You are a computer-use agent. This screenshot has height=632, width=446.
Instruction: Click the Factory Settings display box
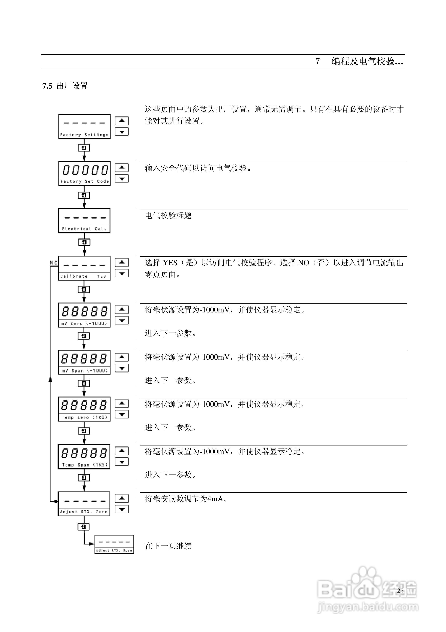(x=84, y=127)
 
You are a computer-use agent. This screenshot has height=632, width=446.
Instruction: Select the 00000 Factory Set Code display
(x=84, y=174)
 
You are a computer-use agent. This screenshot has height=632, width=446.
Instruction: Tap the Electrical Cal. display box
(x=84, y=221)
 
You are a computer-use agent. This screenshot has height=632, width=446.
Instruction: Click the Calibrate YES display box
(x=84, y=268)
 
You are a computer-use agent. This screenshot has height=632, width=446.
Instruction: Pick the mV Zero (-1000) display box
(x=84, y=315)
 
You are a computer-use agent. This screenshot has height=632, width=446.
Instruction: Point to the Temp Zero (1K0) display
(x=84, y=409)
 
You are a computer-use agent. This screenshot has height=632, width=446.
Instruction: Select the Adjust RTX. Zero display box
(x=84, y=504)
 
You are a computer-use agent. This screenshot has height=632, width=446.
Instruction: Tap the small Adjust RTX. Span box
(x=114, y=544)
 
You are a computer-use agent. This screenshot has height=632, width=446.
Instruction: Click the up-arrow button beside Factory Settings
(x=122, y=121)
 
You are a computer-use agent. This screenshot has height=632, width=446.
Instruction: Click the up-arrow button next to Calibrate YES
(x=122, y=262)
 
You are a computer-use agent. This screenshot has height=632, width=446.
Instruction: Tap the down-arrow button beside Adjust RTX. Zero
(x=122, y=509)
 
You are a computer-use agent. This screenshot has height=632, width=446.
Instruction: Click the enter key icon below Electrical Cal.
(x=84, y=242)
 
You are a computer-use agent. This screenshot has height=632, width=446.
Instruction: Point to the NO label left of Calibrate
(x=54, y=263)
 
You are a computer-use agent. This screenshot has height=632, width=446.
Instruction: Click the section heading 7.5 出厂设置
(x=65, y=86)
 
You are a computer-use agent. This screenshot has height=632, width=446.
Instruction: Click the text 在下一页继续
(x=168, y=546)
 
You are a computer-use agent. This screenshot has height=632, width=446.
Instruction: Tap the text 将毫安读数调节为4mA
(x=186, y=499)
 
